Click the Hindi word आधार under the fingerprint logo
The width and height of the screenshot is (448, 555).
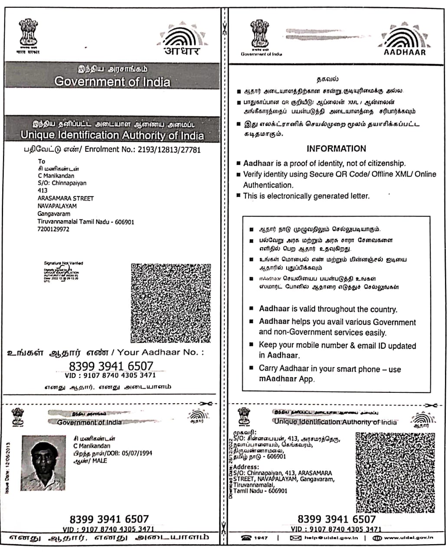click(x=182, y=51)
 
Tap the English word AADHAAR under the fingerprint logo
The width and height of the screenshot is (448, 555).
click(x=405, y=52)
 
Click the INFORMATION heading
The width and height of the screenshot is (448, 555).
click(x=336, y=148)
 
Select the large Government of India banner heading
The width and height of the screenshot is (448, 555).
click(x=112, y=82)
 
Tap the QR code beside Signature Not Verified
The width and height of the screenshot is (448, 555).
click(x=170, y=303)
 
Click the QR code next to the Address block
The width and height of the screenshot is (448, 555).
click(x=395, y=472)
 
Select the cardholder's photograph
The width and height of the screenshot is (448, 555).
click(x=43, y=463)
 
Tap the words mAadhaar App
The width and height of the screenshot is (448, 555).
click(x=286, y=379)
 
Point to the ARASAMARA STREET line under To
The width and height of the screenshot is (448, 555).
click(x=65, y=198)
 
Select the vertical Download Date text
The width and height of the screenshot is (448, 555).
click(x=230, y=467)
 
